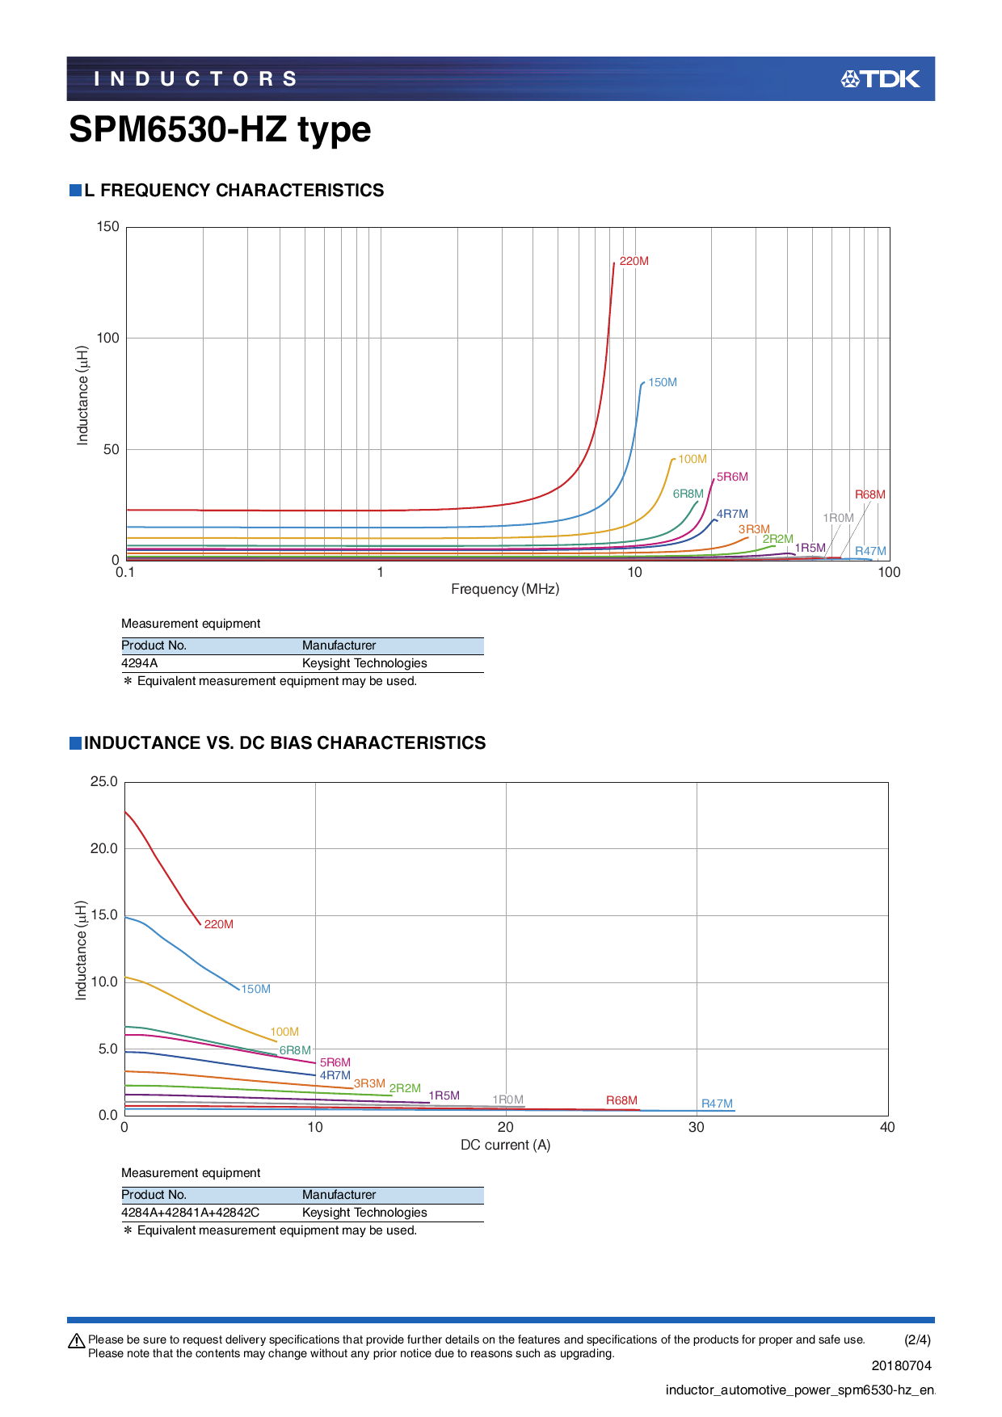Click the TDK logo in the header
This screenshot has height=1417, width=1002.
coord(880,78)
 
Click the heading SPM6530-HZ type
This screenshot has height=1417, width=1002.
coord(220,130)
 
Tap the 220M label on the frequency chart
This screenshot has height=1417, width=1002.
coord(634,261)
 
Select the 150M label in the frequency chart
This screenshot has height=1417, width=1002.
coord(663,382)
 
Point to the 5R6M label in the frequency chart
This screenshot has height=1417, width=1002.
coord(732,477)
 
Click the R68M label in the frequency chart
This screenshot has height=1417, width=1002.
coord(869,494)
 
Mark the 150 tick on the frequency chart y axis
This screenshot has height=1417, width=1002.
coord(107,226)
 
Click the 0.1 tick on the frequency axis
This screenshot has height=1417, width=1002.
coord(125,572)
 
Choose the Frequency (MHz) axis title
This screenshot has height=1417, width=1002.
coord(505,589)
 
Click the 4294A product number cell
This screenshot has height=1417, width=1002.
coord(140,663)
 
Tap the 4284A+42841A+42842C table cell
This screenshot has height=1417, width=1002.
coord(191,1213)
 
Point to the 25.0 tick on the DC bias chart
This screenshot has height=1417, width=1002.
coord(104,781)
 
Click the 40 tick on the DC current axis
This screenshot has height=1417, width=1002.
coord(887,1127)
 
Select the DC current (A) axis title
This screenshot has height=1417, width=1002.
coord(505,1145)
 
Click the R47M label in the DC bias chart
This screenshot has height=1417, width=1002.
coord(717,1104)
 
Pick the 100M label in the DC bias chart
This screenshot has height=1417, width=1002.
coord(284,1032)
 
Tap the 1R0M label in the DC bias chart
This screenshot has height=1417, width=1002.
coord(508,1100)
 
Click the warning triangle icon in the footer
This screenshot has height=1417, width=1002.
coord(77,1341)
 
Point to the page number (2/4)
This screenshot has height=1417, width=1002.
coord(917,1339)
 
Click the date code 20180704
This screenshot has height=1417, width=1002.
coord(901,1365)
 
